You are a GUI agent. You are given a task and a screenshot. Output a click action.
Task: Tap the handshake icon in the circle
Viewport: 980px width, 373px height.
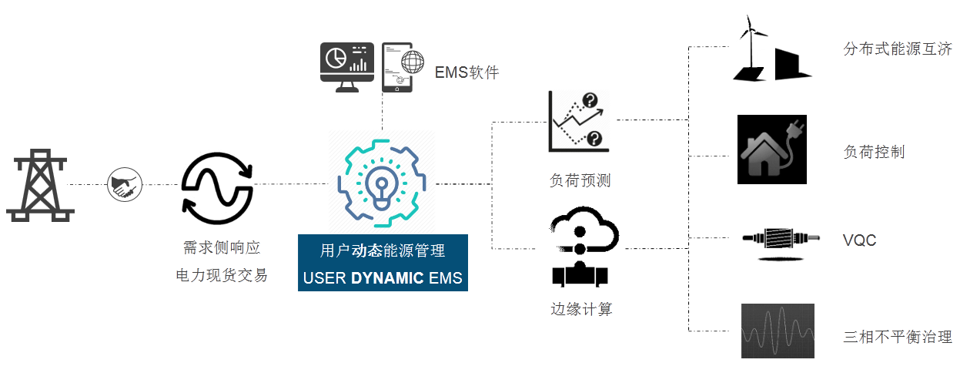[x=124, y=185]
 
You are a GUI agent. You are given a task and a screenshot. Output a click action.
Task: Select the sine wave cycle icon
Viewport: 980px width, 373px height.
[x=216, y=185]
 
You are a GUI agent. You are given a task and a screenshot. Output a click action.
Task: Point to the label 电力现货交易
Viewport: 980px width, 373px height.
[x=222, y=275]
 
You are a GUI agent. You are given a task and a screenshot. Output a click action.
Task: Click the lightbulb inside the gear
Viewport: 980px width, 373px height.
[x=381, y=185]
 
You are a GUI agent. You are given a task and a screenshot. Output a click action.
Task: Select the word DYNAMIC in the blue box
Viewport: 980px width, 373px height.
[x=387, y=278]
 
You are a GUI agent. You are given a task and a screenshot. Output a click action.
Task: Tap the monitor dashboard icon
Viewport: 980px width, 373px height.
[x=346, y=68]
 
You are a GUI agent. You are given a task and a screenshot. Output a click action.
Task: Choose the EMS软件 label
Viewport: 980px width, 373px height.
[x=467, y=73]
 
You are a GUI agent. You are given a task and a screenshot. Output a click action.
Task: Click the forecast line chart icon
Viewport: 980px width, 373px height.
[x=577, y=121]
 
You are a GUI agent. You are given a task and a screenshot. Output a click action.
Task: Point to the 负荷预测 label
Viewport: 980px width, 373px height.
[x=580, y=181]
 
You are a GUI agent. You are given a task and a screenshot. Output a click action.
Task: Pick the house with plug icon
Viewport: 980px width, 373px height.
[x=771, y=150]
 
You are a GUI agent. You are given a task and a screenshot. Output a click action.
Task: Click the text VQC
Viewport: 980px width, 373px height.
[x=859, y=241]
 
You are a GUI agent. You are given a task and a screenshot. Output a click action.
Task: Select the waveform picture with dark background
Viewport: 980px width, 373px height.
[x=777, y=331]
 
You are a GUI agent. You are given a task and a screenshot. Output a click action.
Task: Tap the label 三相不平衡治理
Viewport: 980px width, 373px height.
[x=898, y=337]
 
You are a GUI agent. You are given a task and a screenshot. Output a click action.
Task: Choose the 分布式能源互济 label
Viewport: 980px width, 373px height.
[x=898, y=49]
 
